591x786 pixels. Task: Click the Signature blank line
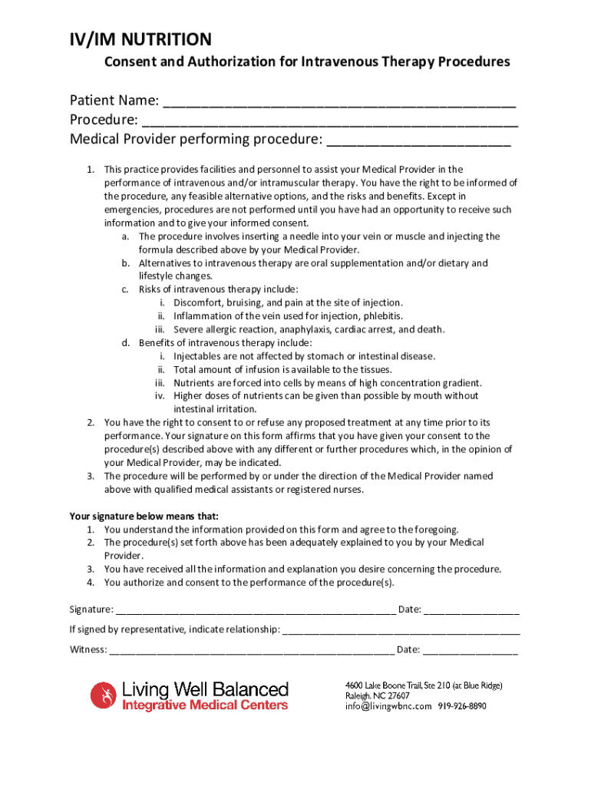[256, 611]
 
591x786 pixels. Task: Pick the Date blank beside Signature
[471, 611]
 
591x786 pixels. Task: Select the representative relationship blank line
[401, 631]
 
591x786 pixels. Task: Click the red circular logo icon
[102, 695]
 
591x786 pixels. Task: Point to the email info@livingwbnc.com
[388, 707]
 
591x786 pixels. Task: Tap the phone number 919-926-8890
[462, 707]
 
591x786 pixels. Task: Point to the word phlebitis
[382, 316]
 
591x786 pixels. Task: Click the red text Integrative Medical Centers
[206, 705]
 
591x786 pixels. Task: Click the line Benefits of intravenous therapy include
[225, 343]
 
